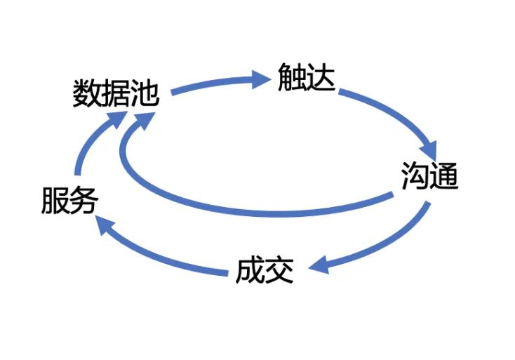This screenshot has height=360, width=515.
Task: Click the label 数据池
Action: pyautogui.click(x=116, y=93)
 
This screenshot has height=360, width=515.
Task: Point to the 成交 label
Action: pyautogui.click(x=264, y=270)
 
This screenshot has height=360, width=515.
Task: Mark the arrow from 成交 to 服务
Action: pyautogui.click(x=161, y=253)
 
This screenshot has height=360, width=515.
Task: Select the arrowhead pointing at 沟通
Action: pyautogui.click(x=429, y=149)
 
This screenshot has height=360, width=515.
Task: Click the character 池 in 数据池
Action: pyautogui.click(x=145, y=93)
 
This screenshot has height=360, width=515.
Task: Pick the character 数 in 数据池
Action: pyautogui.click(x=87, y=93)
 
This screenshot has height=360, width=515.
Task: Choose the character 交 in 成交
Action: pyautogui.click(x=279, y=270)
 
